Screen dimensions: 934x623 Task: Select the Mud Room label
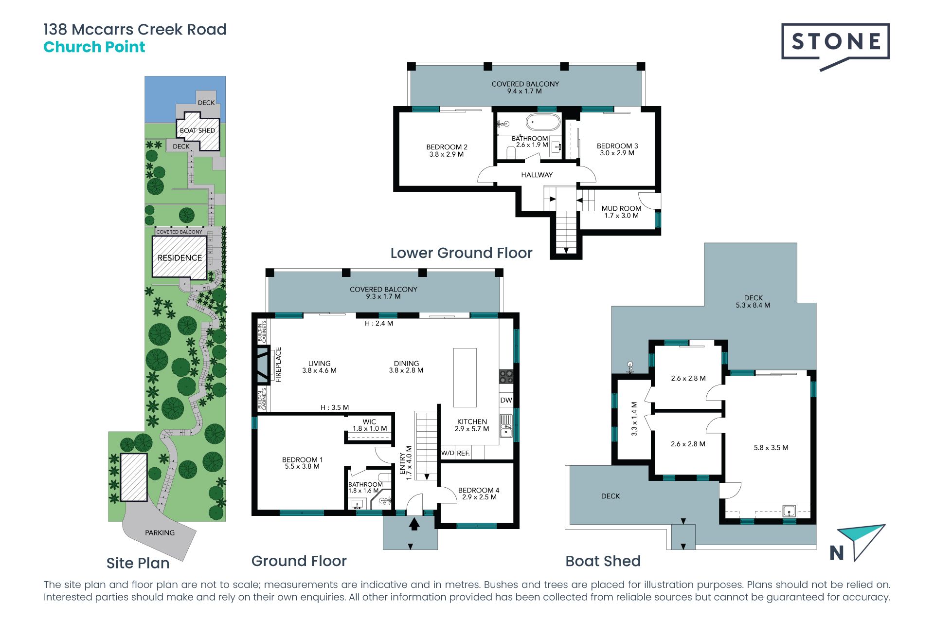(621, 208)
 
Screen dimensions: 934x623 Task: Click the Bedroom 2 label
(447, 147)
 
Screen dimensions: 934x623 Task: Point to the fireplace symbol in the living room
(263, 365)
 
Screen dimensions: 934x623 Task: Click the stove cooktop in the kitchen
(506, 377)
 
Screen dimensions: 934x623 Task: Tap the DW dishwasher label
(506, 400)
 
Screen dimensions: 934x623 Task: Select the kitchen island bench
(465, 377)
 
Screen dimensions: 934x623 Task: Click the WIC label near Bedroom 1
(369, 422)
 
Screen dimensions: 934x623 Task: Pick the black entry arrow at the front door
(414, 524)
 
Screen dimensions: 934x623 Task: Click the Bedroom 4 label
(479, 490)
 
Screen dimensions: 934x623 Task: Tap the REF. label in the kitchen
(463, 453)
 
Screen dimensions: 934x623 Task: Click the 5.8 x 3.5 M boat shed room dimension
(771, 448)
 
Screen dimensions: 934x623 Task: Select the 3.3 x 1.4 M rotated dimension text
(634, 419)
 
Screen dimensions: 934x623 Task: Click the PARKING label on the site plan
(160, 532)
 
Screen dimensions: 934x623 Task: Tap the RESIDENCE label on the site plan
(180, 258)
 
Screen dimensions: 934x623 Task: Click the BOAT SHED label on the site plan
(198, 130)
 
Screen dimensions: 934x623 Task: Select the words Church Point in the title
(94, 47)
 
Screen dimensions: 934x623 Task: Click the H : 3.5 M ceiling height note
(335, 407)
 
